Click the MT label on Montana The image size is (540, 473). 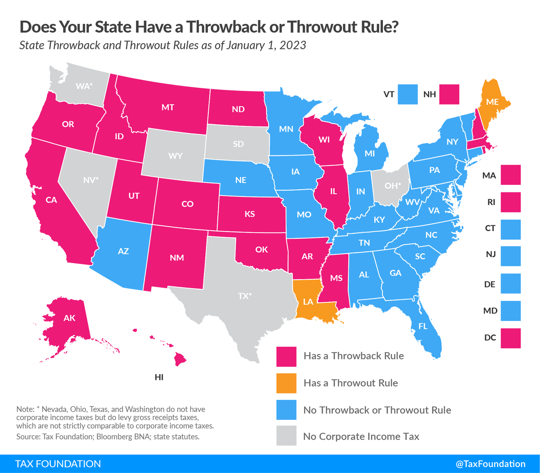coord(168,107)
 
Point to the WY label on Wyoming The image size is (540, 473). coord(175,156)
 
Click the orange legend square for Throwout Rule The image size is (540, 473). coord(286,383)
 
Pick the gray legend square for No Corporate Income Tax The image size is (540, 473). coord(286,436)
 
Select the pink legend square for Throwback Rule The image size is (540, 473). coord(286,356)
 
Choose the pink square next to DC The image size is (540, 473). coord(510,338)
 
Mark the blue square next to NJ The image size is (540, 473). coord(510,256)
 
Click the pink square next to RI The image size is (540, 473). coord(510,202)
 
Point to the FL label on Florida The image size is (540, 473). coord(423,327)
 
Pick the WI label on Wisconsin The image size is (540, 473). coord(324,140)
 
